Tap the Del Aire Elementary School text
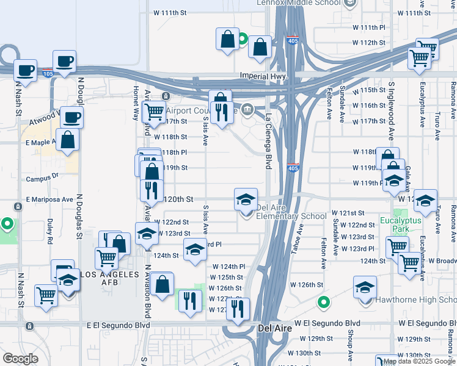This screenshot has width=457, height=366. coord(291,216)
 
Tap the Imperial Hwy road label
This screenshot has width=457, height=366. coord(263,76)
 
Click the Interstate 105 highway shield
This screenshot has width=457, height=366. coord(48,74)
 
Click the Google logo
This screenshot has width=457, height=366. coord(20,359)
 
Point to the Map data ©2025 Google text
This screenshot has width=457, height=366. coord(419,361)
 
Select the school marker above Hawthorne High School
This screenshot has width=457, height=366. coord(365,286)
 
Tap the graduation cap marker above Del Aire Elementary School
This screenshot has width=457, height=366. coord(246,199)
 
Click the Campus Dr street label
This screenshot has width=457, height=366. coord(42,179)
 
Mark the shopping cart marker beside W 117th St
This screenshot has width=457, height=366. coord(154,112)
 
